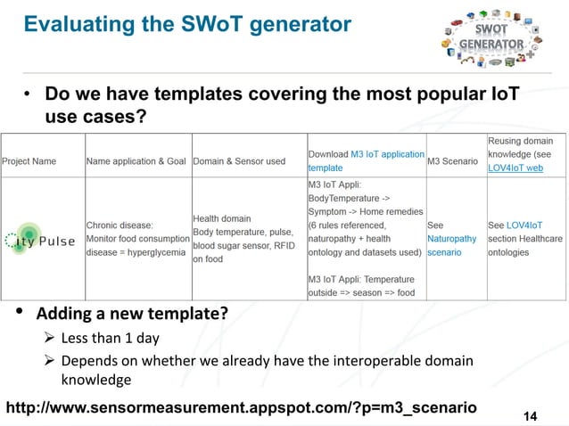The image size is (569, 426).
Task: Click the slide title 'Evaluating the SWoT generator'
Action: (x=187, y=25)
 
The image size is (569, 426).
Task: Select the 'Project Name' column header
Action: (x=29, y=161)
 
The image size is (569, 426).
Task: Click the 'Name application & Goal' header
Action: (x=136, y=161)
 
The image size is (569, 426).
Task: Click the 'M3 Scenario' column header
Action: (x=454, y=161)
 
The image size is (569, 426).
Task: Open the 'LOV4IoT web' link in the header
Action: (x=515, y=168)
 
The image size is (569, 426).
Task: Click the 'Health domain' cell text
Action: (x=222, y=218)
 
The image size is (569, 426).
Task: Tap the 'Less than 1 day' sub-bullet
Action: (x=110, y=339)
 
